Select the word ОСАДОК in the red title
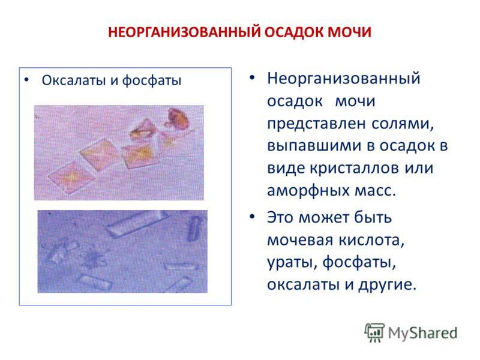click(x=294, y=32)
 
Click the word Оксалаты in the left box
click(x=74, y=80)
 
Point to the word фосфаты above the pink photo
click(x=152, y=81)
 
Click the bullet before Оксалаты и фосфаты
click(x=26, y=80)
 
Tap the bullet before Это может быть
click(x=252, y=217)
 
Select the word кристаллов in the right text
click(x=355, y=168)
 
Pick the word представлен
click(x=317, y=124)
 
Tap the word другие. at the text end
click(x=388, y=285)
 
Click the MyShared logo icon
click(x=374, y=332)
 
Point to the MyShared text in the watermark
click(x=423, y=333)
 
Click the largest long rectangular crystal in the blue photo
click(x=136, y=223)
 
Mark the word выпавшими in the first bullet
click(x=316, y=146)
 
